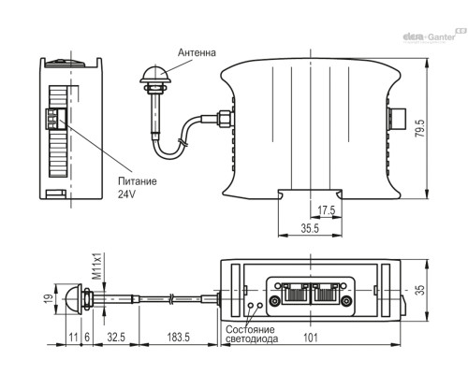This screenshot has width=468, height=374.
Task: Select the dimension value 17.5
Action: [x=327, y=209]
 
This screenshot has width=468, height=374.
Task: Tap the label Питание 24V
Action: [x=137, y=189]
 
